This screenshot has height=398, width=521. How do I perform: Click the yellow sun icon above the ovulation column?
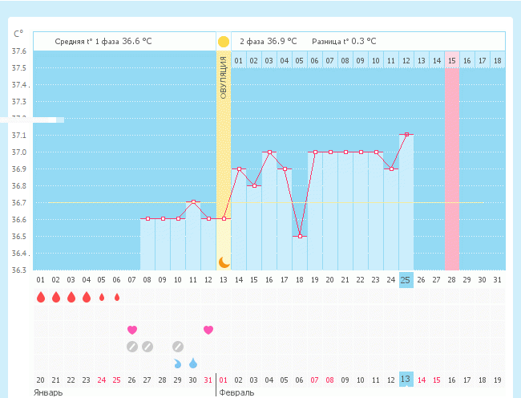tap(224, 41)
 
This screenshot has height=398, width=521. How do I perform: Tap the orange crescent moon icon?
tap(224, 262)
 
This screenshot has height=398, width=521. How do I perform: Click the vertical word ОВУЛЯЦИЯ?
tap(224, 79)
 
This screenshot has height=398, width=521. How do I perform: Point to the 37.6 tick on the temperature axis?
tap(18, 51)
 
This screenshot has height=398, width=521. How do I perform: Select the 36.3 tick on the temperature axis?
tap(18, 270)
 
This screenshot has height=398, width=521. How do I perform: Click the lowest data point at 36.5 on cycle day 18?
tap(300, 236)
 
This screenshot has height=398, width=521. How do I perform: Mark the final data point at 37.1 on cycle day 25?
tap(407, 135)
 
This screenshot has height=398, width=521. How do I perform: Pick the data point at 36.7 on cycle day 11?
tap(193, 202)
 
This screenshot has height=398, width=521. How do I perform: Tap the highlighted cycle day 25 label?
tap(406, 279)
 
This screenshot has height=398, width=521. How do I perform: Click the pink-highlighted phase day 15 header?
tap(452, 60)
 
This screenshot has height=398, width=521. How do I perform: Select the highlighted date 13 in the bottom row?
tap(406, 380)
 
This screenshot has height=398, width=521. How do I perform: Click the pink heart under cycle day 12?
tap(208, 330)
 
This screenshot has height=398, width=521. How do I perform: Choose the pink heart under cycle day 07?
tap(132, 330)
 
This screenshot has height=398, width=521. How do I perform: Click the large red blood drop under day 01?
tap(40, 298)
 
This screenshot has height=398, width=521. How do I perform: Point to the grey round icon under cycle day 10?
tap(178, 347)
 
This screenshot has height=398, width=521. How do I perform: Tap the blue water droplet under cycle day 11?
tap(193, 363)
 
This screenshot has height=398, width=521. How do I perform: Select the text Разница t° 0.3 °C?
tap(344, 41)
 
